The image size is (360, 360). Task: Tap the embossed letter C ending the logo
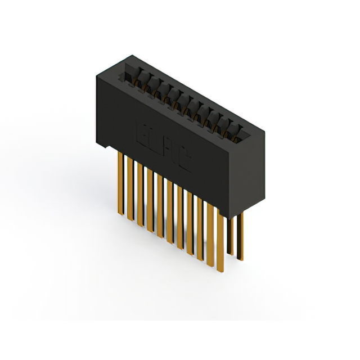[x=186, y=161]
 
